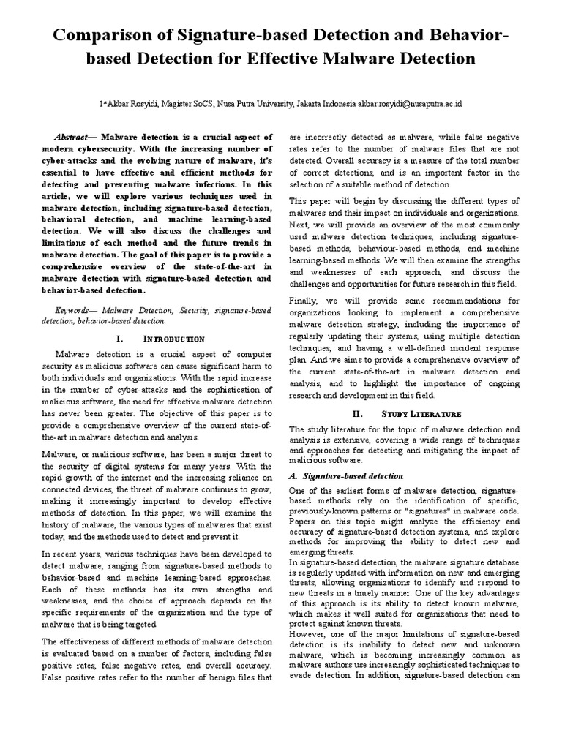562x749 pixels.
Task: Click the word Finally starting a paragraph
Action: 304,301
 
